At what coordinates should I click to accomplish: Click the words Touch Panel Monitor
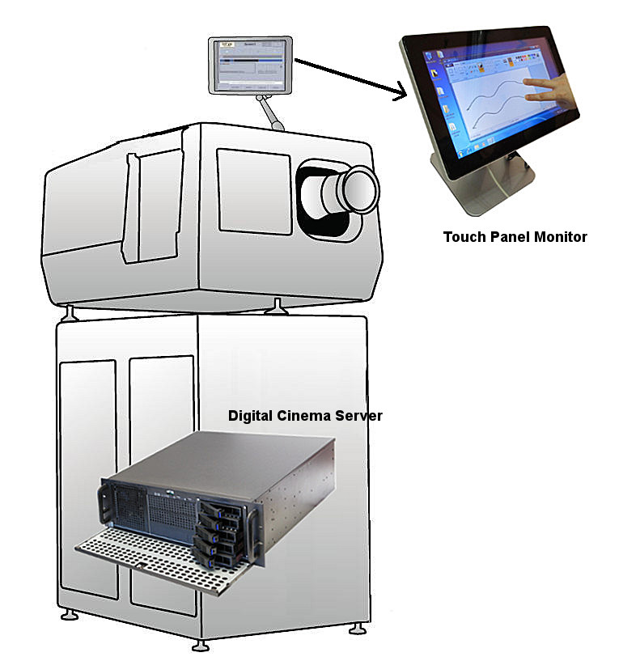[x=515, y=237]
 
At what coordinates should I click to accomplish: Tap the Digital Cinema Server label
[x=305, y=416]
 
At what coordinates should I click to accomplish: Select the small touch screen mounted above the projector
[x=250, y=65]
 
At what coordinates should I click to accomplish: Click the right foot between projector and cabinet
[x=278, y=306]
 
